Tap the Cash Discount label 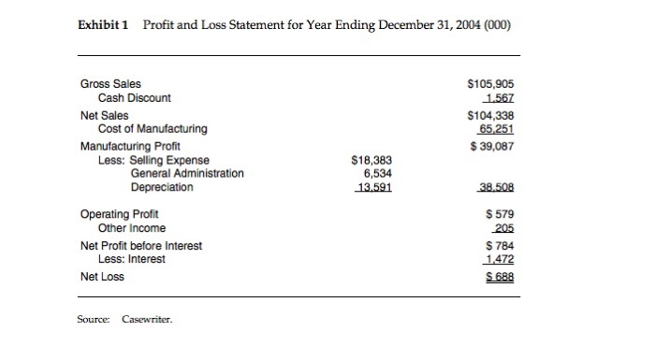135,97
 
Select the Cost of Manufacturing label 153,128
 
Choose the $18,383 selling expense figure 369,160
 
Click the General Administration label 187,173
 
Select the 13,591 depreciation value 371,187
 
